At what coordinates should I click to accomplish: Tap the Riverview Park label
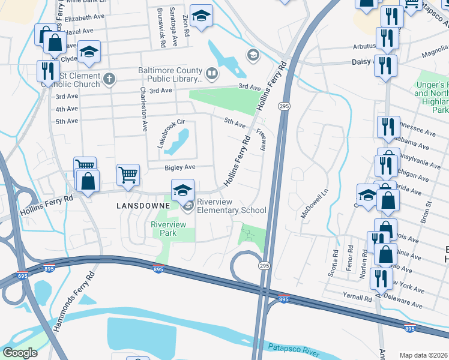[x=169, y=228]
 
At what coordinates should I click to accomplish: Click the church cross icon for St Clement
[x=109, y=78]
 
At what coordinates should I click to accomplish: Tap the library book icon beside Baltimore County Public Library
[x=211, y=74]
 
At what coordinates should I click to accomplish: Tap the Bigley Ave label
[x=181, y=167]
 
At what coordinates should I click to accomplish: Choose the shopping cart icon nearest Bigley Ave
[x=128, y=175]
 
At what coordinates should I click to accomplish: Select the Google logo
[x=20, y=353]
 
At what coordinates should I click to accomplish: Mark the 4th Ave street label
[x=67, y=109]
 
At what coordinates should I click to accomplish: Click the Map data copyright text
[x=424, y=355]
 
